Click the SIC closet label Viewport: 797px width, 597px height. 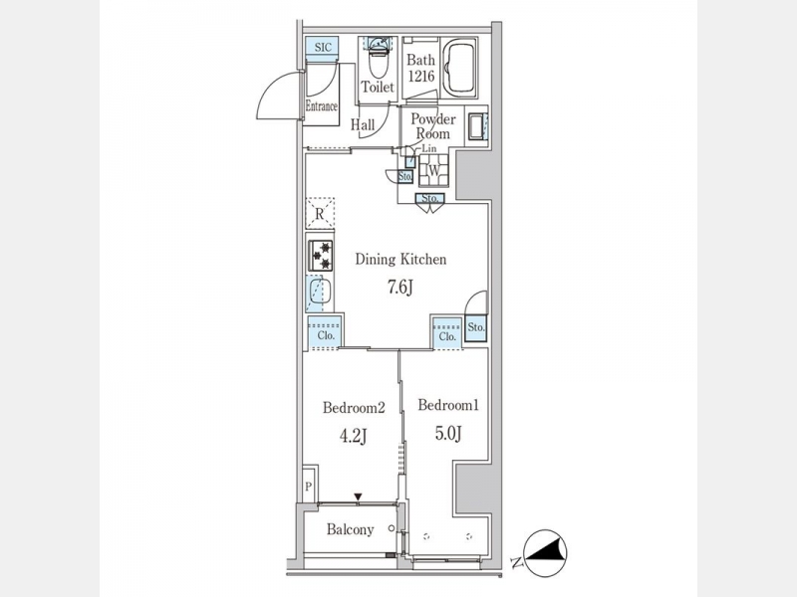point(323,47)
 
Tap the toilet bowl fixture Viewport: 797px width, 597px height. point(378,58)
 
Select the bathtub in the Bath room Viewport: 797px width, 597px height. point(459,68)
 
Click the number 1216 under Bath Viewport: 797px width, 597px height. point(420,77)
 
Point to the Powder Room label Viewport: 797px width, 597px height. point(433,126)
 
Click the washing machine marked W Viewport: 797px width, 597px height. point(433,170)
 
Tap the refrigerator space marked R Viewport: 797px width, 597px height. point(320,213)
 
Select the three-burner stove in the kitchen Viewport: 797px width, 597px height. point(321,256)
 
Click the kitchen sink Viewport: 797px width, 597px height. point(320,293)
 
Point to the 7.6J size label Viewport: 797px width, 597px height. point(400,288)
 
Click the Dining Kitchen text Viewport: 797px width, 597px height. point(400,260)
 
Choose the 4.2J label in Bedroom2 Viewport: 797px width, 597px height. point(353,436)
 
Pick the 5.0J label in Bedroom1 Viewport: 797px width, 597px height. point(447,433)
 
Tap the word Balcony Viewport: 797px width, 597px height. point(351,530)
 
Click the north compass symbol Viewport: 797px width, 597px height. point(544,553)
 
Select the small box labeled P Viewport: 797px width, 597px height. point(309,486)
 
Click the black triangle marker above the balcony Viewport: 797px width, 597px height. point(359,497)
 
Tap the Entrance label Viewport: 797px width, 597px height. point(321,106)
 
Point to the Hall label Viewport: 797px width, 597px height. point(363,124)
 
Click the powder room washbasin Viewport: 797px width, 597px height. point(477,126)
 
